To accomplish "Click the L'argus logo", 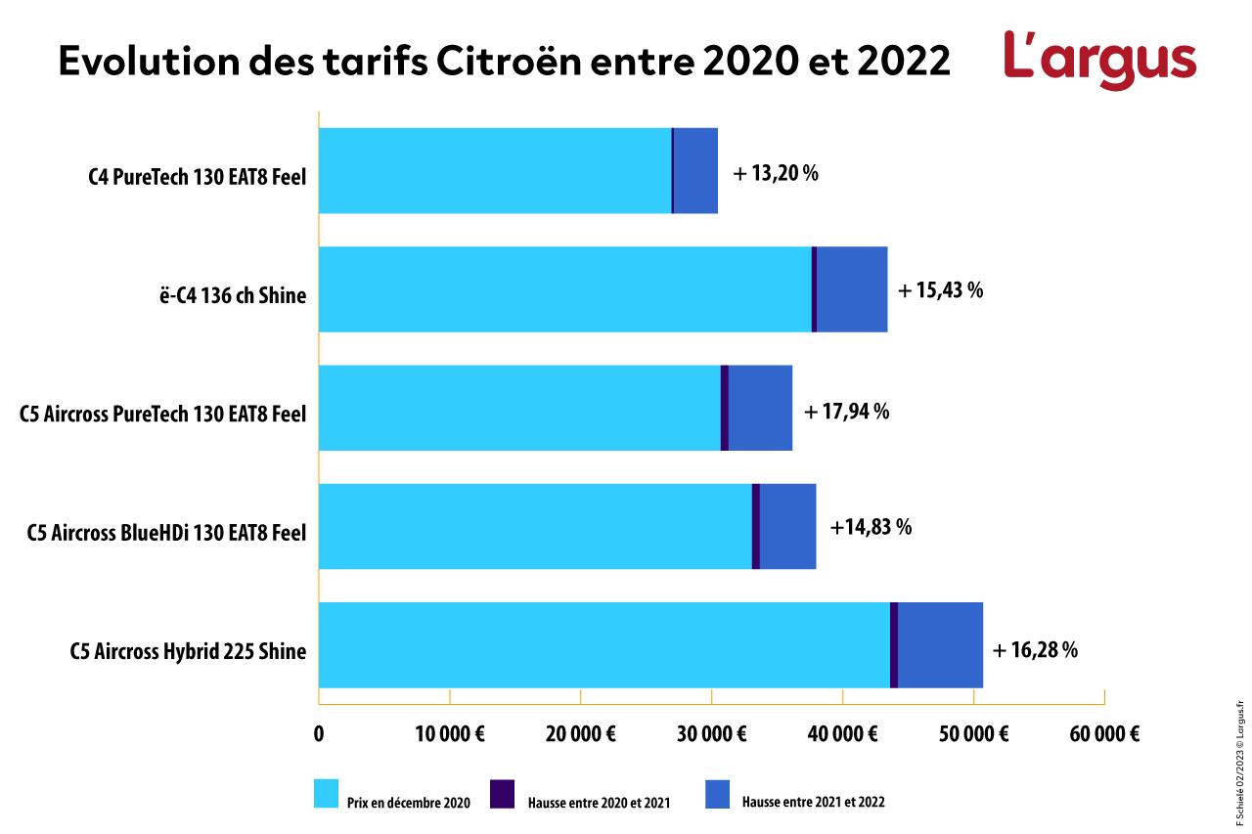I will coord(1099,60).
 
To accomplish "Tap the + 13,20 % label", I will coord(775,174).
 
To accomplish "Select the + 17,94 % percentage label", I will coord(846,412).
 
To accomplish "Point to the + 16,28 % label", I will coord(1035,650).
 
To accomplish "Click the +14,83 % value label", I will coord(871,528).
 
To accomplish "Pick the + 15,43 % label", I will coord(940,290).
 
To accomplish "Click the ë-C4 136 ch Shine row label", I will coord(232,295).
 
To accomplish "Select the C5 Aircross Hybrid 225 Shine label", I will coord(188,652).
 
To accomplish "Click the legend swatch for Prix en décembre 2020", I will coord(326,794).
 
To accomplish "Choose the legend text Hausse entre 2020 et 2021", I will coord(593,803).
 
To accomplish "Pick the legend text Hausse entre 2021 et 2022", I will coord(813,803).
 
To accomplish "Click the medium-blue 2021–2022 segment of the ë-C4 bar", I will coord(852,289).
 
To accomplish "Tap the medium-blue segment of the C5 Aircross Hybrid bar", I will coord(940,645).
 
